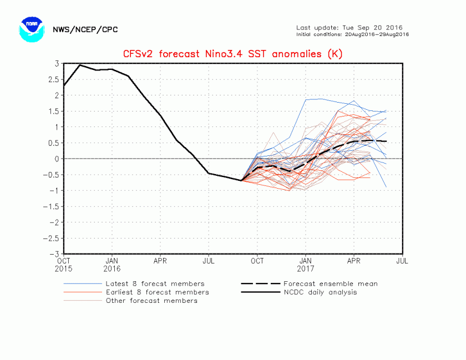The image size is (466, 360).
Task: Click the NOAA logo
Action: click(31, 29)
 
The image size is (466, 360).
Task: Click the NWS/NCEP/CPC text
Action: click(85, 29)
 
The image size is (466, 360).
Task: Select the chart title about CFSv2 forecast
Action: click(232, 54)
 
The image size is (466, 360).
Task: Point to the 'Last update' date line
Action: click(349, 27)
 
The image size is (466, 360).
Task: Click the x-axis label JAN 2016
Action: click(112, 263)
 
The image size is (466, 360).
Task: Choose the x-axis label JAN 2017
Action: click(306, 263)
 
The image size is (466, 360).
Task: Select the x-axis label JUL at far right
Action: click(403, 260)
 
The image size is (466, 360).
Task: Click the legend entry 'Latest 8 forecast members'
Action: click(155, 283)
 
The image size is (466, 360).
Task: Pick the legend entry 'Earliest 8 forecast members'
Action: click(157, 292)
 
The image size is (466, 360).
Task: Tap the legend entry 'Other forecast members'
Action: click(151, 301)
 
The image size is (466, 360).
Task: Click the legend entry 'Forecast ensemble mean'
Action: click(331, 283)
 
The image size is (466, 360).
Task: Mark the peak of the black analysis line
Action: click(80, 65)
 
